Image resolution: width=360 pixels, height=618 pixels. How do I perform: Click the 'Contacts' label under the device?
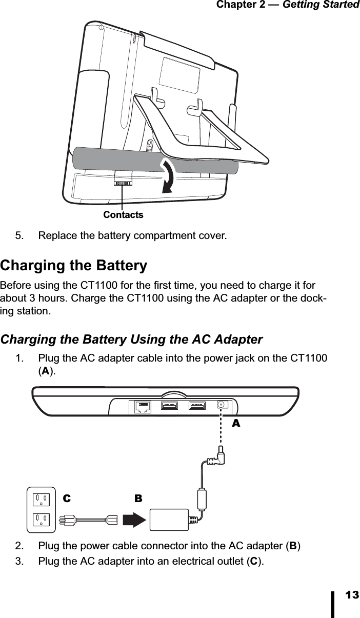123,215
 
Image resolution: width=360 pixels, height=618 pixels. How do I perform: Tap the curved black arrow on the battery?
169,176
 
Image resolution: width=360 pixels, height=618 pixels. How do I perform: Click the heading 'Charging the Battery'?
74,266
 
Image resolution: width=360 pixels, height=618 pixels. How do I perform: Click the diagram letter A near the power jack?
236,424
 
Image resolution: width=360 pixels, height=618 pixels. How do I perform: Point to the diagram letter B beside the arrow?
138,498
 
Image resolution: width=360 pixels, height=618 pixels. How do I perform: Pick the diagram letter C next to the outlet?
66,498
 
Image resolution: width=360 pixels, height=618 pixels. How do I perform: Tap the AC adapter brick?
170,520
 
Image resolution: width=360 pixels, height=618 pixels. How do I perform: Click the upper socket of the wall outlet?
42,499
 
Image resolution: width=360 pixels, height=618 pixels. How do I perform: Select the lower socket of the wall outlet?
42,520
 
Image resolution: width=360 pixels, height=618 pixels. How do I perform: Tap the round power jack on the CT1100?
222,404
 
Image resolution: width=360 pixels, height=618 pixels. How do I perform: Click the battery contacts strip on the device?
123,183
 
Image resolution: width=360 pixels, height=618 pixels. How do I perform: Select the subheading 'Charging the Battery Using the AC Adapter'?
132,340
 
